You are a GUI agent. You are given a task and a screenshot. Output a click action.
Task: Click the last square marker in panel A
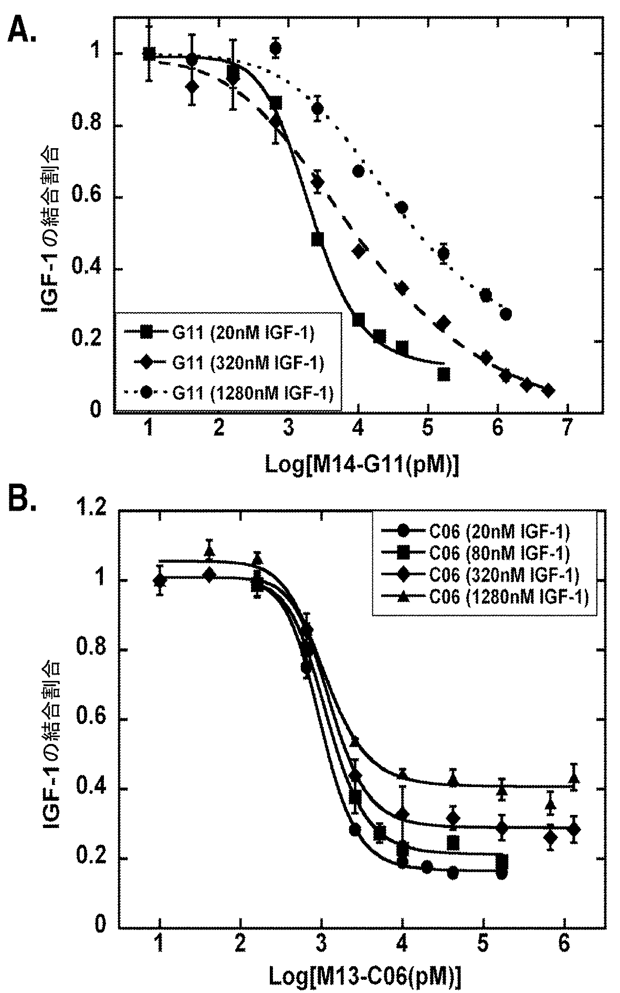pyautogui.click(x=444, y=374)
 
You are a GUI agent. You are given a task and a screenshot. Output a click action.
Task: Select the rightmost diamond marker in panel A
pyautogui.click(x=548, y=390)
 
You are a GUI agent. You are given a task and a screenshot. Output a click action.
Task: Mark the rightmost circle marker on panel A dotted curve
pyautogui.click(x=506, y=314)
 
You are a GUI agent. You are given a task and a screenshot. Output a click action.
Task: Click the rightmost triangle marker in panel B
pyautogui.click(x=574, y=779)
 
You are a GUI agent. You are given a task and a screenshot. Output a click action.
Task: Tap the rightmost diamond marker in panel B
pyautogui.click(x=574, y=830)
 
